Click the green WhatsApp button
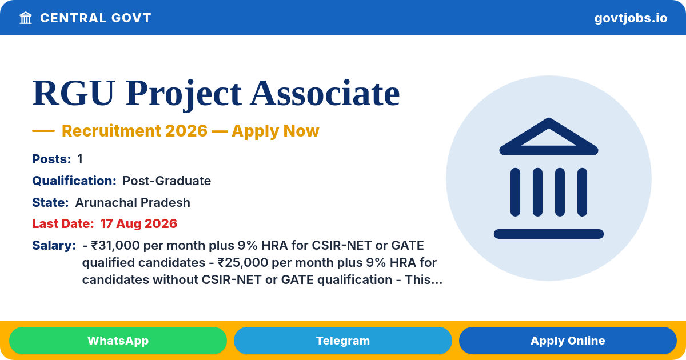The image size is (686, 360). (x=118, y=341)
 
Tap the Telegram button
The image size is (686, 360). (x=342, y=341)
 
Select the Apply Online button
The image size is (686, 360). (x=568, y=341)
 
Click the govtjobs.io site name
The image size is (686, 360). (x=631, y=18)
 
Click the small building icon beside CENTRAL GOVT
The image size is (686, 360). (x=26, y=18)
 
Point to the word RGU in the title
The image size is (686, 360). (x=74, y=93)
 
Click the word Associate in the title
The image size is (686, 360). (x=325, y=93)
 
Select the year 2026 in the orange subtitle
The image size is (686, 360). (x=186, y=131)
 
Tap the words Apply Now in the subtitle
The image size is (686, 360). (x=276, y=131)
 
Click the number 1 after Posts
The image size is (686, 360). (x=80, y=159)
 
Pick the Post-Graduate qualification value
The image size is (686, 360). (x=166, y=181)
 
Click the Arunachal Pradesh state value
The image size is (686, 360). (x=133, y=202)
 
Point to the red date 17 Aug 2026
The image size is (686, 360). (x=138, y=224)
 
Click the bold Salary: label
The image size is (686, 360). (x=54, y=246)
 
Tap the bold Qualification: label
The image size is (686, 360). (x=74, y=181)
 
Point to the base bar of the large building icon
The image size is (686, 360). (x=548, y=234)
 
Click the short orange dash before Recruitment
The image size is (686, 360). (x=43, y=131)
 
